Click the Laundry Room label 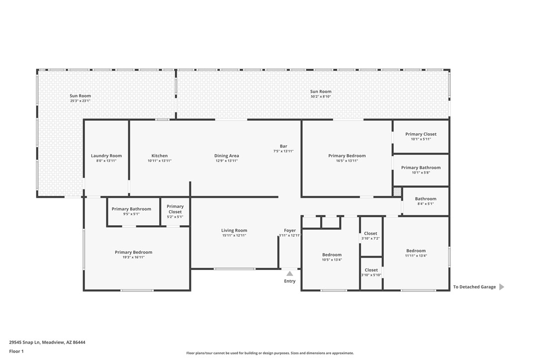(106, 156)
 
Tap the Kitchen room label (159, 156)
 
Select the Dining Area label (226, 156)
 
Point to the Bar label (283, 146)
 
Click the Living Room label (234, 230)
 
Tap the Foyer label (290, 230)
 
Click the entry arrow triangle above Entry (290, 273)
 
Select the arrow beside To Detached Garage (501, 287)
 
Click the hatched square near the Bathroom (397, 191)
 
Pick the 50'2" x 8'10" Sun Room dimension (321, 96)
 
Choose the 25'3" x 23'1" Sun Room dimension (80, 101)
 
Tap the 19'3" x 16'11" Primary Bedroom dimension (133, 258)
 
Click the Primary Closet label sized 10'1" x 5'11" (421, 134)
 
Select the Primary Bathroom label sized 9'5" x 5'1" (131, 209)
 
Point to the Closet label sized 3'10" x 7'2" (370, 234)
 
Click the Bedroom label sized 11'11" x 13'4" (416, 251)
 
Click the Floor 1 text (16, 351)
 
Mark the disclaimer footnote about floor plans (270, 353)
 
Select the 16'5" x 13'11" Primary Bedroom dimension (347, 161)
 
